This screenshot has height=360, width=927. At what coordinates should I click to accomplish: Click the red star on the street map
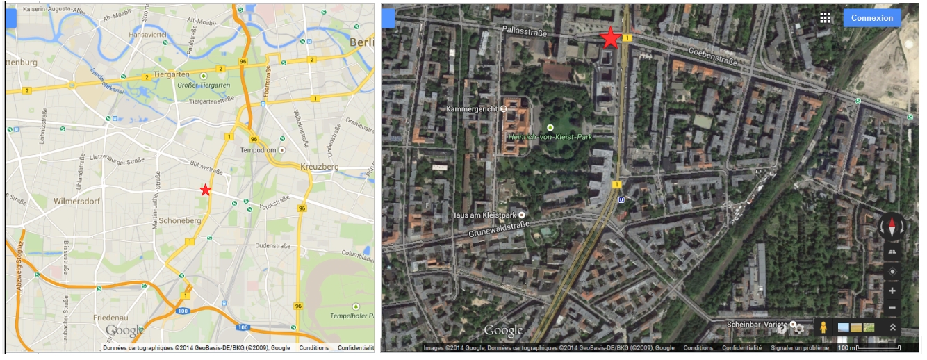(x=205, y=190)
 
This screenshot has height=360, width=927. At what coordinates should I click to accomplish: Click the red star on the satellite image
(x=610, y=38)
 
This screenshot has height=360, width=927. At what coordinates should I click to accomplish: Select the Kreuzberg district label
(x=319, y=167)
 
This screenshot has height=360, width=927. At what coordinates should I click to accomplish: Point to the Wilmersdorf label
(x=77, y=201)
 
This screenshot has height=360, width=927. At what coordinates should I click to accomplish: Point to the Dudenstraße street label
(x=272, y=245)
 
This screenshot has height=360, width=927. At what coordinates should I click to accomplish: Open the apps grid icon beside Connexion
(x=826, y=18)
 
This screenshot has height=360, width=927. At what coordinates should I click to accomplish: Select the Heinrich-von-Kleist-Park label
(x=550, y=137)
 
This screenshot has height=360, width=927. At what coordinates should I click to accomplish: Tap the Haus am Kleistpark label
(x=484, y=215)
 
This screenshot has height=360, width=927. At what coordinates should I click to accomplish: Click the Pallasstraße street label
(x=525, y=32)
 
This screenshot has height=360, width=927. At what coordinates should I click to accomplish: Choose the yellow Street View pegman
(x=823, y=327)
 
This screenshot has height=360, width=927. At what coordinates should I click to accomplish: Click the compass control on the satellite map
(x=892, y=227)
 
